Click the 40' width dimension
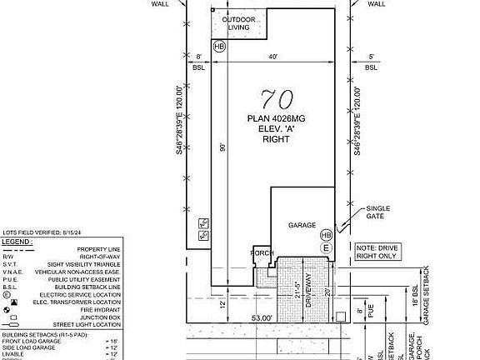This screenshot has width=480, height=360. coord(272,57)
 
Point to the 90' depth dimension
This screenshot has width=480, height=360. coord(223,147)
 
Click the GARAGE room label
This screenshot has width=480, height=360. coord(302,225)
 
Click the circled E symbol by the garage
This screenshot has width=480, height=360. coord(326,248)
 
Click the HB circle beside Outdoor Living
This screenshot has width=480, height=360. coord(219,47)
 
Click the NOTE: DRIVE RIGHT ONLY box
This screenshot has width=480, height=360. coord(377,252)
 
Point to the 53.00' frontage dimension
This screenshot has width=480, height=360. coord(263,317)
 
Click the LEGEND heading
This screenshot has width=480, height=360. coord(17,242)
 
